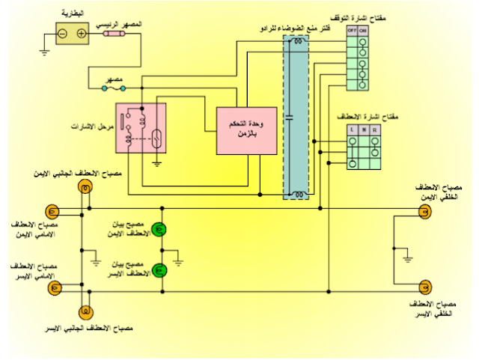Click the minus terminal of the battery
(63, 34)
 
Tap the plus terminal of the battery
(81, 34)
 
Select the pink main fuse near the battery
(120, 34)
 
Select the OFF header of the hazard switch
(352, 31)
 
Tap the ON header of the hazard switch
(363, 31)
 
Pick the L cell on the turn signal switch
(352, 130)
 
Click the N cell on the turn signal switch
(363, 130)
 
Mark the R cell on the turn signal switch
(374, 130)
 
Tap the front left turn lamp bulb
(52, 285)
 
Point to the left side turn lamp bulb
(85, 310)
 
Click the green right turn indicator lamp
(159, 228)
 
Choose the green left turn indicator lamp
(159, 269)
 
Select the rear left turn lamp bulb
(424, 285)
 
